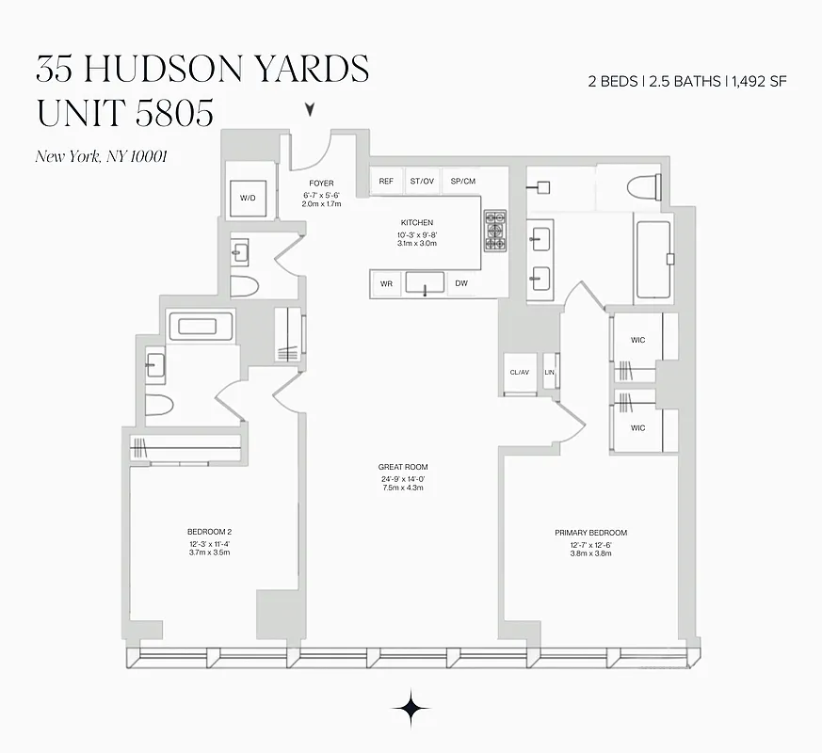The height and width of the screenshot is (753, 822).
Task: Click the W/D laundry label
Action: [x=248, y=198]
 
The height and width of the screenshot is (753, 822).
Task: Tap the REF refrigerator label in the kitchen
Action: [x=386, y=181]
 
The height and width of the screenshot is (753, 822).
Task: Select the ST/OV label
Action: [x=422, y=181]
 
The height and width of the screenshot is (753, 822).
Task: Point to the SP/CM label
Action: [x=463, y=181]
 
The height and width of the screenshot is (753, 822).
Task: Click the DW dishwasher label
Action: [x=461, y=283]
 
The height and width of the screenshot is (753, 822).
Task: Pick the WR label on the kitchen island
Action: [x=386, y=283]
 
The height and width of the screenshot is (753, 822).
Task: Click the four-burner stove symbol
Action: [x=495, y=230]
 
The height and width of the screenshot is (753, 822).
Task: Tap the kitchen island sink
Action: [x=426, y=282]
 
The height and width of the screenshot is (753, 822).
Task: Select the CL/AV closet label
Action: [x=519, y=372]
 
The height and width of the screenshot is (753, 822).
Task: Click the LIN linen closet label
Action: [x=550, y=372]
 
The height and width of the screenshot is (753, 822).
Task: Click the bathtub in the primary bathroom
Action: [x=653, y=259]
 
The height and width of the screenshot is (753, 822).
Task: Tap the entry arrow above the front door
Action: [x=310, y=111]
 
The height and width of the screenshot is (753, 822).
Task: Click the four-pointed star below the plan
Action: [x=411, y=709]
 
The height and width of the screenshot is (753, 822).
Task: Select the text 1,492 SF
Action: [x=759, y=82]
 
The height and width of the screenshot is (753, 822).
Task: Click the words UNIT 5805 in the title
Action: [x=124, y=113]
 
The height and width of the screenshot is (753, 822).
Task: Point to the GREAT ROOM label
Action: [x=403, y=467]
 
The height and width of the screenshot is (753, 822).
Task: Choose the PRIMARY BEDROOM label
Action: [x=590, y=533]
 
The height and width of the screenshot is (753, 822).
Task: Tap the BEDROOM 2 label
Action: [x=209, y=532]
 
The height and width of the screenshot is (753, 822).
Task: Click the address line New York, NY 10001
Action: [x=101, y=156]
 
